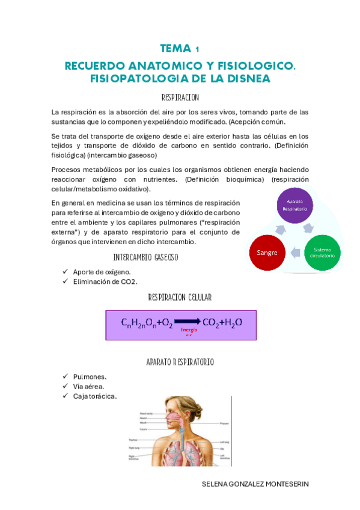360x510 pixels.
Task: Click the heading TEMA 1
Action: click(x=180, y=49)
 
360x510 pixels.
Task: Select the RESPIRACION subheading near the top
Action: click(x=180, y=97)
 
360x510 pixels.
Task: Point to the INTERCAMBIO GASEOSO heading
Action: click(x=145, y=257)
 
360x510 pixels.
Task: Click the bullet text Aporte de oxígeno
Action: click(x=102, y=272)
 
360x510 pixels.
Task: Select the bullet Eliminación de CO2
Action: click(x=105, y=281)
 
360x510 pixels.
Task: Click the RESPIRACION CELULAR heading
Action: click(x=180, y=298)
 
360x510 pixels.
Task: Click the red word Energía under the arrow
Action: click(x=189, y=330)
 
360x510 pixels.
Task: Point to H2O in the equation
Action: click(x=231, y=323)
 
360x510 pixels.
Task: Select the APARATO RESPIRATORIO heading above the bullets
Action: click(x=180, y=362)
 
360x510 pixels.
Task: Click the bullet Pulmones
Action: click(x=90, y=376)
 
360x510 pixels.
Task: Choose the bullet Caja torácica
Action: click(x=94, y=396)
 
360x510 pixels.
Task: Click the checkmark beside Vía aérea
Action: click(x=65, y=386)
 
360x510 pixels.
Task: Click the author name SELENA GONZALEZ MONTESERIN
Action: click(x=255, y=484)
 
